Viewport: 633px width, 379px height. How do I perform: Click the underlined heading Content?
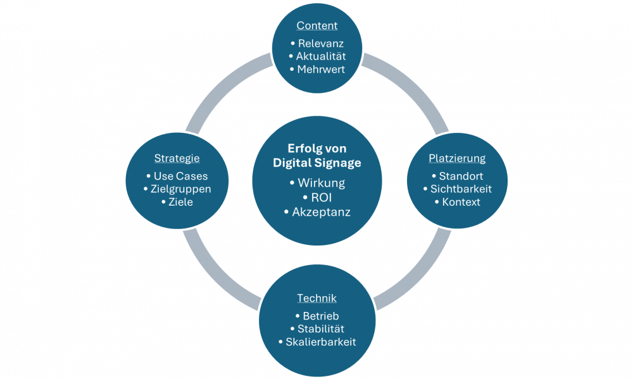point(317,26)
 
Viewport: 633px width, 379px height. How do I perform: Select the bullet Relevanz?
point(320,44)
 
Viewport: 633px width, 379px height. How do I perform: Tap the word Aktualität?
point(320,56)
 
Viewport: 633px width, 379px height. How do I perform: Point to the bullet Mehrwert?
point(320,69)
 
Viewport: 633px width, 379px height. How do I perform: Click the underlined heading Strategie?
point(177,158)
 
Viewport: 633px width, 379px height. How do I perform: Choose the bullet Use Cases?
point(180,177)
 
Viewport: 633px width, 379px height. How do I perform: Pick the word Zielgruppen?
point(181,189)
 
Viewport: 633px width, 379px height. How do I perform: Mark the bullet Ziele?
point(180,202)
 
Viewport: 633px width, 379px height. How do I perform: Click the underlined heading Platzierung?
point(457,158)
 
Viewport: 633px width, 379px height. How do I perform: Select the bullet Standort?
point(460,177)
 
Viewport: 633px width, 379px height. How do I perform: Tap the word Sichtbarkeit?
point(460,189)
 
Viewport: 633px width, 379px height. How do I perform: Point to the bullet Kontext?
point(461,202)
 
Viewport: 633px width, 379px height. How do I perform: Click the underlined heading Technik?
point(317,298)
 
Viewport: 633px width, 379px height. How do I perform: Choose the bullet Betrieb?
point(320,316)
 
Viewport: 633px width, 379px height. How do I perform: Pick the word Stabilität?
point(320,329)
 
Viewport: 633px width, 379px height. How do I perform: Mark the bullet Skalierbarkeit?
point(320,342)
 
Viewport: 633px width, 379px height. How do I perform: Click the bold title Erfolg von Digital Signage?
point(316,156)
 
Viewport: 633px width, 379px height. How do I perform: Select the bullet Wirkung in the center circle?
point(320,183)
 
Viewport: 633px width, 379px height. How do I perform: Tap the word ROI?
point(322,197)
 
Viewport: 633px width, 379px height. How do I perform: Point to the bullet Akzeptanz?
point(320,212)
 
